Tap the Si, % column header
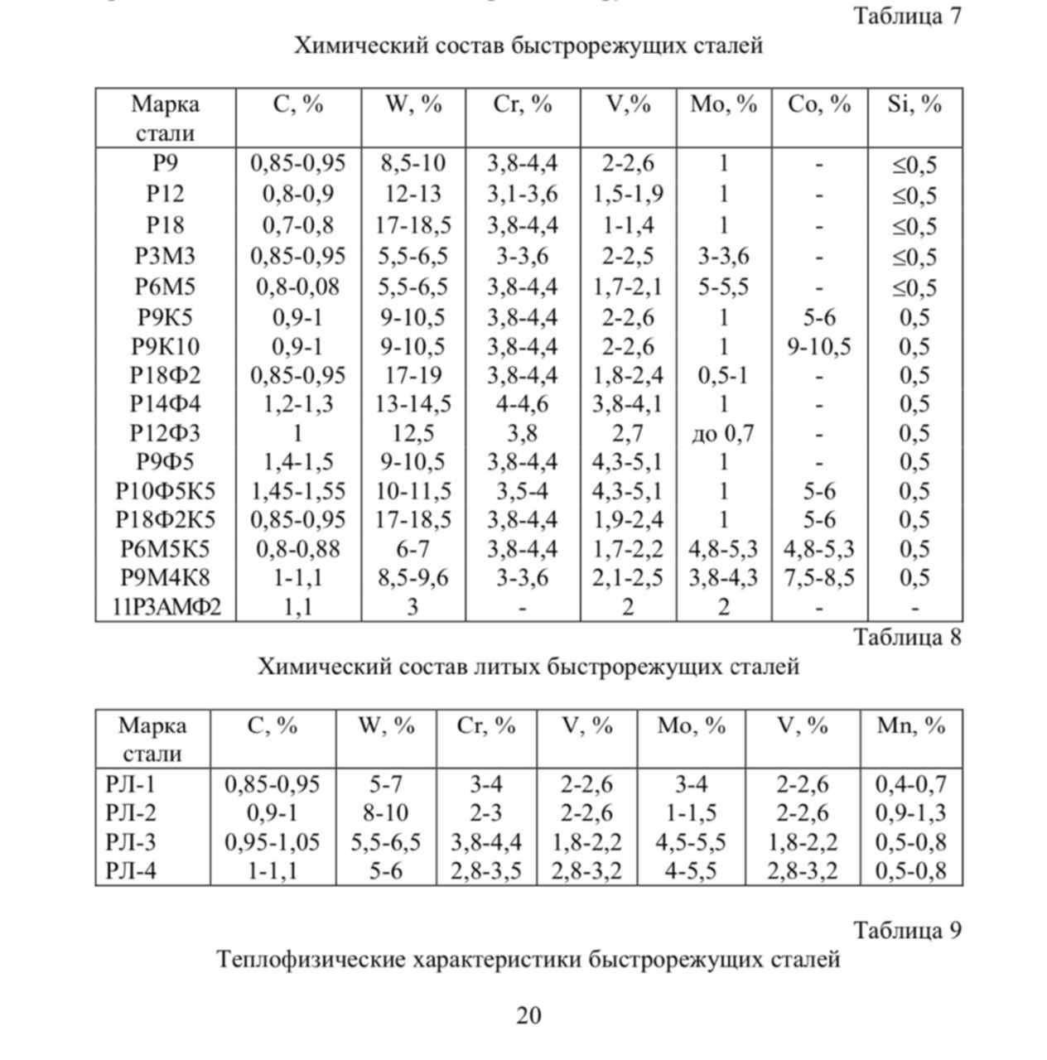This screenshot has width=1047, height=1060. coord(914,104)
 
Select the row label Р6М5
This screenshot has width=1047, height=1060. coord(165,287)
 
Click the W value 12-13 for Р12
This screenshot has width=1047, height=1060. coord(413,194)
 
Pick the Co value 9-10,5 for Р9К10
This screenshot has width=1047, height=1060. coord(818,346)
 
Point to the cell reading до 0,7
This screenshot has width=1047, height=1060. coord(723,432)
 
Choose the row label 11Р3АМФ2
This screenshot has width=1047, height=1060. coord(166,607)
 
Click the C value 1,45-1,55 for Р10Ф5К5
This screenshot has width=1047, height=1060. coord(297,491)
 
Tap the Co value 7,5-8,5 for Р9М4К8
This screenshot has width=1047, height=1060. coord(818,577)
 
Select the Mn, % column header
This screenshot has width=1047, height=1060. coord(910,725)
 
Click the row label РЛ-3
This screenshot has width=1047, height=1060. coord(131,842)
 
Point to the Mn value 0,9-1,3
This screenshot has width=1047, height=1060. coord(910,812)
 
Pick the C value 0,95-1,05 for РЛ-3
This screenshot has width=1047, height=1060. coord(273,842)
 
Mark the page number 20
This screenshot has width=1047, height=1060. coord(528,1014)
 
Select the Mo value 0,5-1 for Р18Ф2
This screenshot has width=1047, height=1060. coord(723,375)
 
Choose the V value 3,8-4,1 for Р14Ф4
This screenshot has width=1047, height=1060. coord(627,404)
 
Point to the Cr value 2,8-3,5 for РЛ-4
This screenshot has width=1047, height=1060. coord(485,871)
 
